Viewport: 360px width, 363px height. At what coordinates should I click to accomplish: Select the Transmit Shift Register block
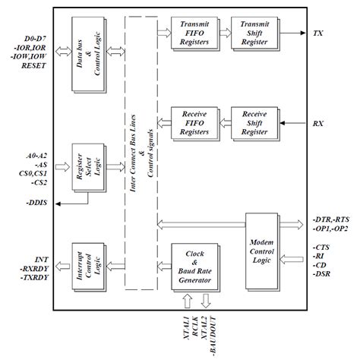coord(254,34)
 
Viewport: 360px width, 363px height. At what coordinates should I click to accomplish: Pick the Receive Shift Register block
coord(254,122)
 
